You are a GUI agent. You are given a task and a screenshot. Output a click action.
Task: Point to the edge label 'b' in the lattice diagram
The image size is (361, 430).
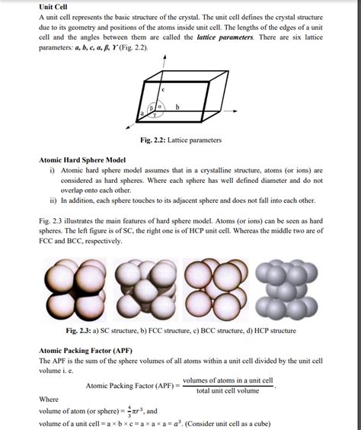coord(177,107)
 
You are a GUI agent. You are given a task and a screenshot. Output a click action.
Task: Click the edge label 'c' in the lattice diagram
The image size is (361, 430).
coord(163,90)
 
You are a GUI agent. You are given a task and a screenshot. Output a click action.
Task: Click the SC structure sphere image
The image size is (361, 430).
coord(75,292)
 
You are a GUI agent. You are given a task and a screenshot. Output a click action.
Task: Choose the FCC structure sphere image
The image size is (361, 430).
coord(145,292)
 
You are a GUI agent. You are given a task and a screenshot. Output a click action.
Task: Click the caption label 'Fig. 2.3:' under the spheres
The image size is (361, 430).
coord(78,332)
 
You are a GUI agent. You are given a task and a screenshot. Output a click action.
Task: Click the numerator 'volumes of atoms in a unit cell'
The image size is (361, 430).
coord(228,380)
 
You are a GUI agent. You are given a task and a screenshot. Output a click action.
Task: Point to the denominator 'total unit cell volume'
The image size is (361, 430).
coord(228,391)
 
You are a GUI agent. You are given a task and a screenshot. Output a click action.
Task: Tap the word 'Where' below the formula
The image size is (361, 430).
coord(49,399)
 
